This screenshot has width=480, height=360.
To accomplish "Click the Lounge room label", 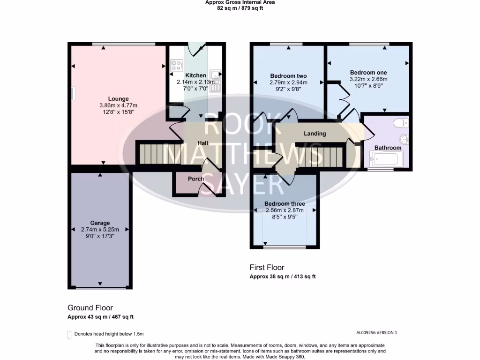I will tap(118, 99).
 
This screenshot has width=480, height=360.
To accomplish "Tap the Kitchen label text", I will tap(195, 75).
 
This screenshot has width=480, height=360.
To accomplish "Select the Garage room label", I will tap(100, 223).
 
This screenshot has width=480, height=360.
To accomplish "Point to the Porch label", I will tap(196, 179).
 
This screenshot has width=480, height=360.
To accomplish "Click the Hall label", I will tap(202, 143).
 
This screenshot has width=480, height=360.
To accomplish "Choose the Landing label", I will tap(315, 134).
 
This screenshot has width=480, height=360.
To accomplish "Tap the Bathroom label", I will tap(388, 148).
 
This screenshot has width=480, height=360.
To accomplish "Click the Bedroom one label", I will tap(368, 73).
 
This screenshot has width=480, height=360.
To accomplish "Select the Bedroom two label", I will tap(288, 76).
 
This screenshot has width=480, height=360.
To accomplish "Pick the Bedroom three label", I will tap(285, 204).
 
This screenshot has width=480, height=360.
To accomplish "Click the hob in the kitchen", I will tap(177, 66).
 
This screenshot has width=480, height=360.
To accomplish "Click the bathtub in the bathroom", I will tap(386, 159).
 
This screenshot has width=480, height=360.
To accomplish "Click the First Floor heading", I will tap(267, 268).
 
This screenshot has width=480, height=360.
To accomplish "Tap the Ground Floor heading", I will tap(90, 308).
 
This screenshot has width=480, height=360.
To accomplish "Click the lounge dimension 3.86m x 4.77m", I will tap(118, 105).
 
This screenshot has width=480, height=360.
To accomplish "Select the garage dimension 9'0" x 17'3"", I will tap(100, 236).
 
